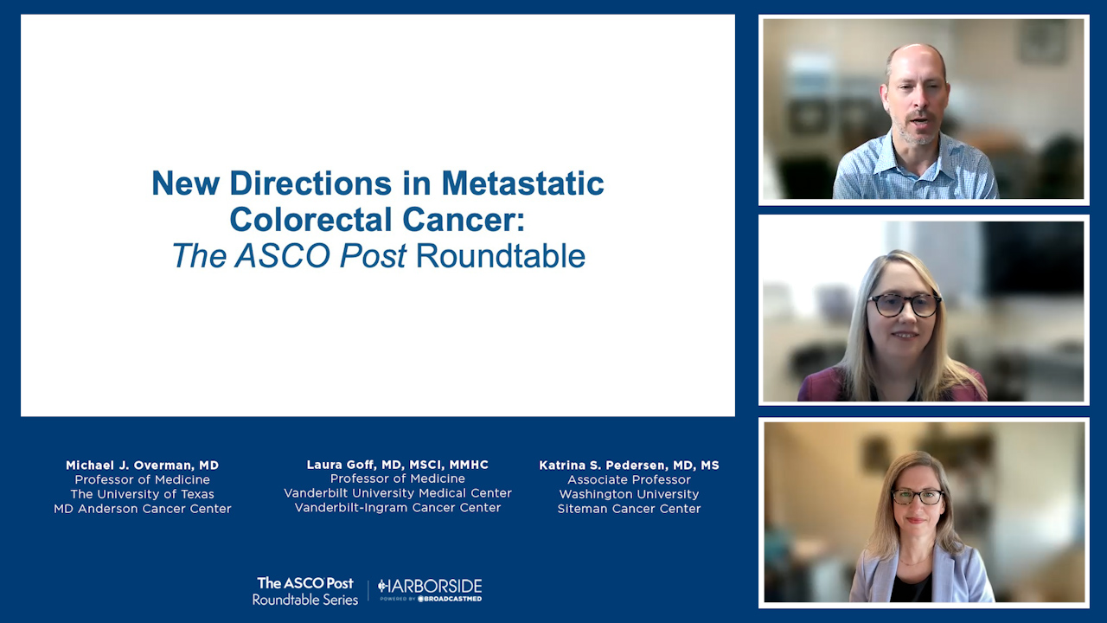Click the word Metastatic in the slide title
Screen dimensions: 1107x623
tap(522, 183)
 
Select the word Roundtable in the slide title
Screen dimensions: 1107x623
tap(500, 255)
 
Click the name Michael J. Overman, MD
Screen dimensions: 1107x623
tap(143, 466)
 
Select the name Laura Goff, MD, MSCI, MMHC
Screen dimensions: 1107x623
tap(397, 465)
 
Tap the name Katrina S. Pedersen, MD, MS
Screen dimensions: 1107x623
tap(629, 466)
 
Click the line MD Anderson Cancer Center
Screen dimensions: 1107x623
tap(143, 509)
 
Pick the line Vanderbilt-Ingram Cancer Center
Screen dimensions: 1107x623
tap(397, 508)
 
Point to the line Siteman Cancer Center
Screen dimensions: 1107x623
tap(629, 509)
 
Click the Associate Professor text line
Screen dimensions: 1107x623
tap(629, 479)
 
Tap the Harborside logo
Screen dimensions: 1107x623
tap(430, 590)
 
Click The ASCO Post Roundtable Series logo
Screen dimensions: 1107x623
tap(305, 591)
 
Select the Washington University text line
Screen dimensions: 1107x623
tap(629, 494)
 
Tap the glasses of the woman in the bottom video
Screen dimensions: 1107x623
tap(918, 497)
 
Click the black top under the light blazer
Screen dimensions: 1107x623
tap(911, 588)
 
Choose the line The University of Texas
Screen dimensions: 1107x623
tap(143, 494)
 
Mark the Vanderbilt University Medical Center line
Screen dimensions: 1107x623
tap(397, 493)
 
